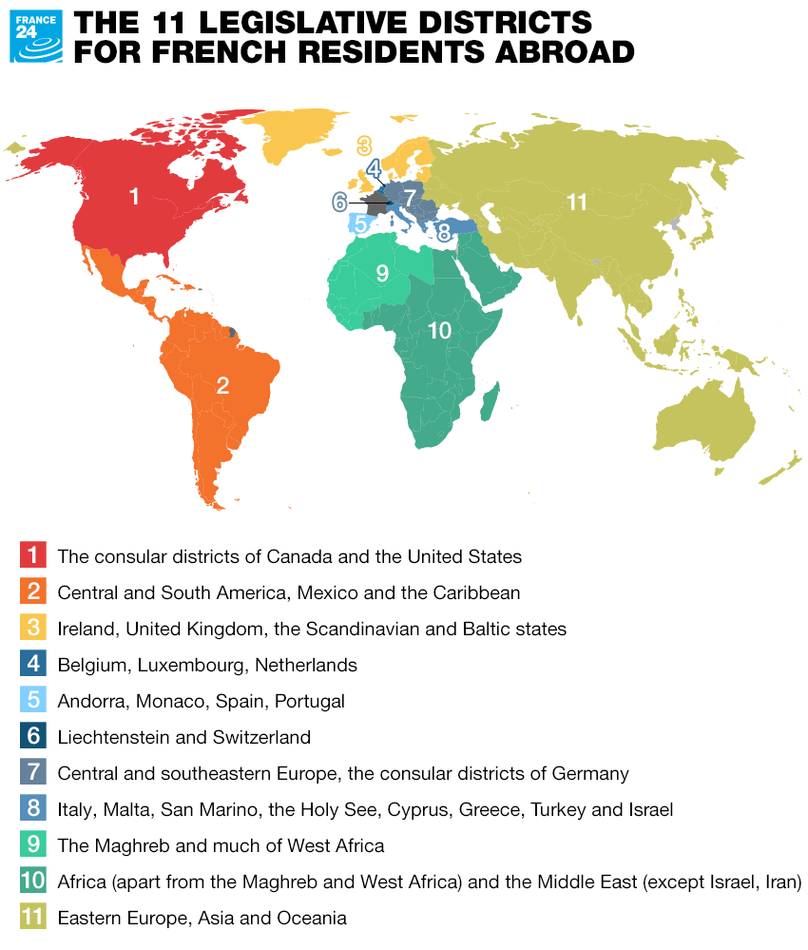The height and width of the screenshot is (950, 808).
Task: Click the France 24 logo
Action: click(x=36, y=36)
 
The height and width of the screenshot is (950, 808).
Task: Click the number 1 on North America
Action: click(x=134, y=197)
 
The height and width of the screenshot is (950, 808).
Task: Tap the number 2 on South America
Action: click(x=222, y=385)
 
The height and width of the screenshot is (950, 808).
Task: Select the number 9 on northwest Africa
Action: click(x=381, y=274)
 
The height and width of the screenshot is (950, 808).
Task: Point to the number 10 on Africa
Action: click(x=438, y=330)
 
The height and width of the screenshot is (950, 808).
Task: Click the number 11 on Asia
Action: click(x=577, y=202)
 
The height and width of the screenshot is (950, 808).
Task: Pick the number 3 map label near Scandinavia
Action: click(x=364, y=146)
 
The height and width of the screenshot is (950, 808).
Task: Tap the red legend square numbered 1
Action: click(x=32, y=555)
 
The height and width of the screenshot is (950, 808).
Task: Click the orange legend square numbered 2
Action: click(x=32, y=592)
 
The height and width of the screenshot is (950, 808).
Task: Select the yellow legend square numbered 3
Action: click(x=32, y=629)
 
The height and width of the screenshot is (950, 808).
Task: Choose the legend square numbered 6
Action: click(x=32, y=737)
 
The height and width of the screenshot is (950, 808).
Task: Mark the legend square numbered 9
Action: click(x=32, y=845)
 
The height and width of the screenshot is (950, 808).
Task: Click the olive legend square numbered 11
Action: click(x=32, y=918)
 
